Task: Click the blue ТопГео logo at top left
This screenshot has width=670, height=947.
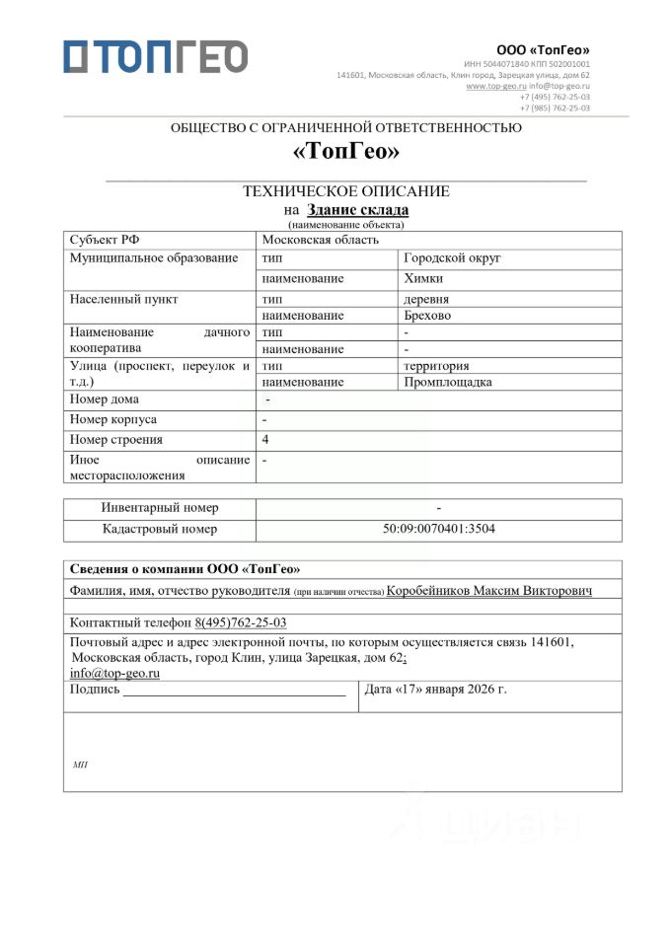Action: click(155, 56)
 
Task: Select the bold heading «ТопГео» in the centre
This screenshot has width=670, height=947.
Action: click(346, 152)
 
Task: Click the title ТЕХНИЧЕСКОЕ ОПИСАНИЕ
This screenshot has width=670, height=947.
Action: click(346, 191)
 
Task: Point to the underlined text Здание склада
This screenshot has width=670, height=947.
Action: click(357, 209)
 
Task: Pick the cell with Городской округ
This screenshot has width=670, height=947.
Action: click(453, 258)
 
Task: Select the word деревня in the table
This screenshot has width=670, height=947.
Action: click(426, 299)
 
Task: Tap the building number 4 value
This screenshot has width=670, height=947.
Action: click(265, 439)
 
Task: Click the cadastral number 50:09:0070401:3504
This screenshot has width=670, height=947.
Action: click(439, 529)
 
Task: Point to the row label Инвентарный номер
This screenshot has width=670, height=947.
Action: click(160, 507)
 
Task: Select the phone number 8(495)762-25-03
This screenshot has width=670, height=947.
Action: click(241, 622)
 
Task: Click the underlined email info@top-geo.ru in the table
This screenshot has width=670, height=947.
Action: click(114, 673)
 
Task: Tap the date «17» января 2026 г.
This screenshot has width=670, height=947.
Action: click(435, 689)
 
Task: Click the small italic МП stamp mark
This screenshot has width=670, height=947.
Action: click(80, 765)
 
